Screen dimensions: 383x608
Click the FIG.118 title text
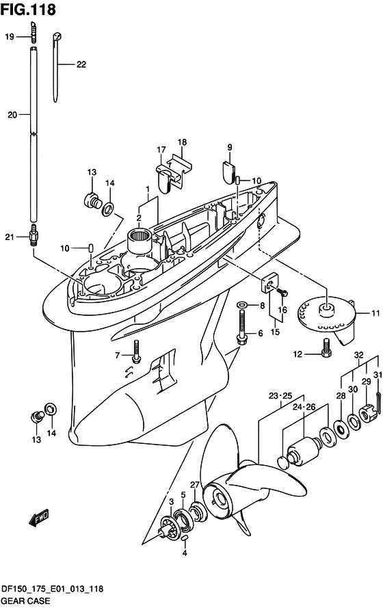coord(28,10)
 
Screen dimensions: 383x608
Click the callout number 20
coord(12,115)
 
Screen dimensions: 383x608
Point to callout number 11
coord(375,313)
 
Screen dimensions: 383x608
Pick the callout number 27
coord(195,485)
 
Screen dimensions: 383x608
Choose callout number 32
coord(359,355)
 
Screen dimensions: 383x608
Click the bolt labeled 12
coord(326,348)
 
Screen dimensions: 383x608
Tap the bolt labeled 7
coord(135,352)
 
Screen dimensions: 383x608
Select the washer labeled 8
coord(241,305)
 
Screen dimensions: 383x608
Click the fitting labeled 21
coord(34,235)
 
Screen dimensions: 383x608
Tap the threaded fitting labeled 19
coord(34,33)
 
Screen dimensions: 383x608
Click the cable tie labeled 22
coord(56,68)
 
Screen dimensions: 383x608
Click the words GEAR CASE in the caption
coord(25,600)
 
